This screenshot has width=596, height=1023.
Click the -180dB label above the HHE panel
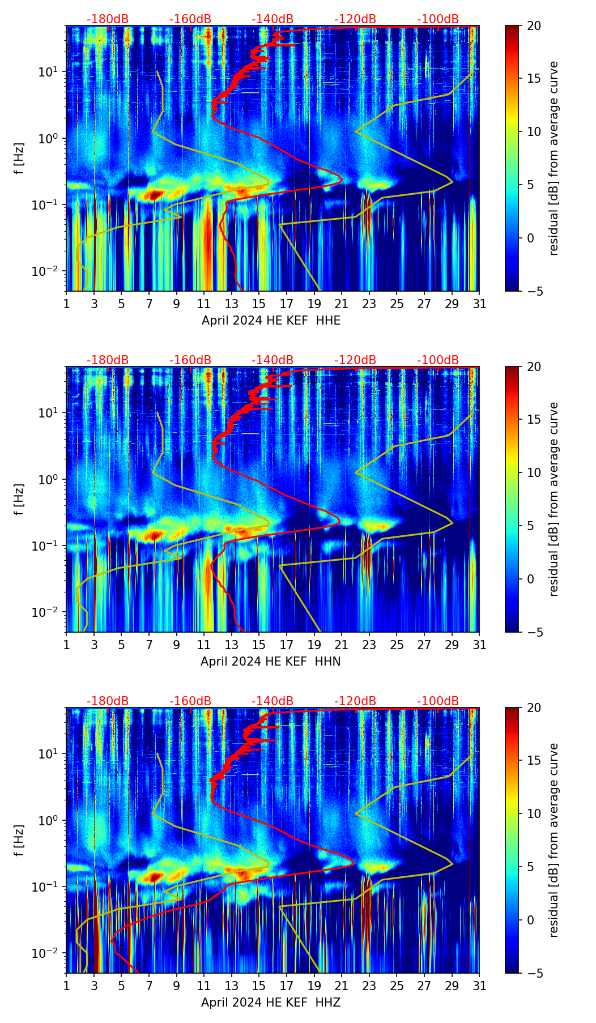pyautogui.click(x=108, y=19)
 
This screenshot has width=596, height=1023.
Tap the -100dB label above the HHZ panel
pyautogui.click(x=438, y=701)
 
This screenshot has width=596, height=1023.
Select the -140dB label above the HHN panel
pyautogui.click(x=273, y=360)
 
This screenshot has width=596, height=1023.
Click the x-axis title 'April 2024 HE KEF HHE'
pyautogui.click(x=271, y=321)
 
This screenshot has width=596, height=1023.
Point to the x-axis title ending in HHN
pyautogui.click(x=270, y=662)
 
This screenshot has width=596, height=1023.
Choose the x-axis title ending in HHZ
pyautogui.click(x=271, y=1003)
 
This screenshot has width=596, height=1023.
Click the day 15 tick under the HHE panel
pyautogui.click(x=259, y=304)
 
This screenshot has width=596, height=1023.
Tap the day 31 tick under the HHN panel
pyautogui.click(x=479, y=645)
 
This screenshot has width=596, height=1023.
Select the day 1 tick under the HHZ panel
pyautogui.click(x=66, y=986)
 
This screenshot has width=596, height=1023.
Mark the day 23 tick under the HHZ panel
pyautogui.click(x=369, y=986)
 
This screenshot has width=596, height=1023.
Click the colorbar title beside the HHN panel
pyautogui.click(x=554, y=499)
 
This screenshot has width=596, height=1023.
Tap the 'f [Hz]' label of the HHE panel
pyautogui.click(x=19, y=159)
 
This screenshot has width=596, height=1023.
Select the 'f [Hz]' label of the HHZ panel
pyautogui.click(x=19, y=841)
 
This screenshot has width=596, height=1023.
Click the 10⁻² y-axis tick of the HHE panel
pyautogui.click(x=50, y=271)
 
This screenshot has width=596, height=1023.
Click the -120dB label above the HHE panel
pyautogui.click(x=355, y=19)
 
